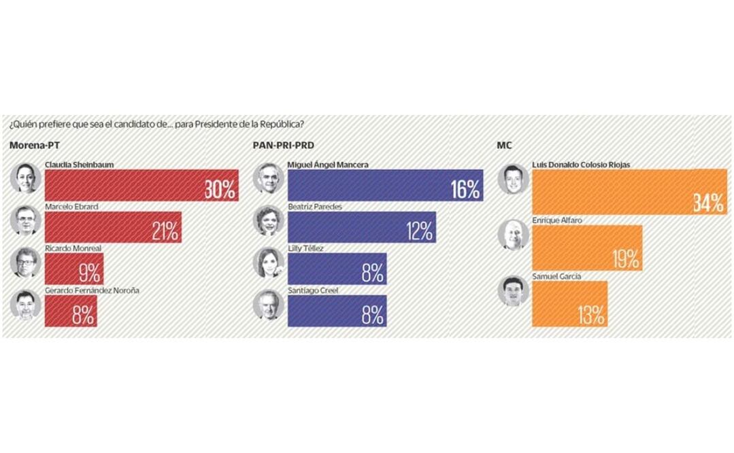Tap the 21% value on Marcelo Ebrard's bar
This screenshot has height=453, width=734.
coord(165,232)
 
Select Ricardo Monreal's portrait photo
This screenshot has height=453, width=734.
coord(27,262)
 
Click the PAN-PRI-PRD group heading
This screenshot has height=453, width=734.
coord(283,146)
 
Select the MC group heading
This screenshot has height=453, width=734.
coord(505,146)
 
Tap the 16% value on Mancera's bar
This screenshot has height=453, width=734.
coord(465,190)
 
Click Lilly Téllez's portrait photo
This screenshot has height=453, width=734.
coord(267,263)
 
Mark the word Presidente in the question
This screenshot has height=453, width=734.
coord(222,124)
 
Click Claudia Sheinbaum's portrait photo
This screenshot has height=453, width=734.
coord(27,179)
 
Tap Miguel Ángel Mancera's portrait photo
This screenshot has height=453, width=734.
coord(267,179)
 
